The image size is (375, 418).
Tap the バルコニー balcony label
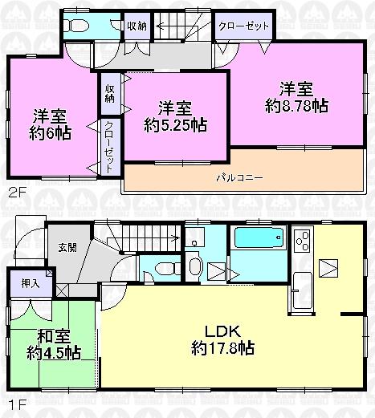click(x=238, y=177)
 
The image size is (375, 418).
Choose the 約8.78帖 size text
click(x=297, y=104)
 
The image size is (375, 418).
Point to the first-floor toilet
click(x=162, y=269)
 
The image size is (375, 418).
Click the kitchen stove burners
click(x=303, y=239)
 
